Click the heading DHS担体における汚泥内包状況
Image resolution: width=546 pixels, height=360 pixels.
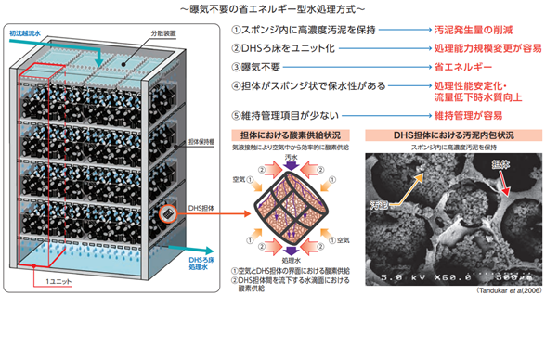442,135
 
